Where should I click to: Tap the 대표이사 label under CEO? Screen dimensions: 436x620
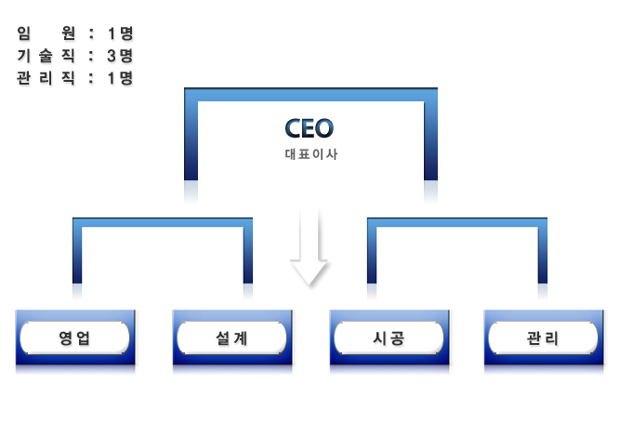pyautogui.click(x=310, y=154)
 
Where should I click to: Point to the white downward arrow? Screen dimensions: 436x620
pyautogui.click(x=310, y=247)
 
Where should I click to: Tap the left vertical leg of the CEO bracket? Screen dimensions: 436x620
pyautogui.click(x=191, y=139)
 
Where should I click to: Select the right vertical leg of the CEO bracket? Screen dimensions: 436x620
pyautogui.click(x=431, y=139)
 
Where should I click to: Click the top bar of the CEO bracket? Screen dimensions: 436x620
pyautogui.click(x=310, y=94)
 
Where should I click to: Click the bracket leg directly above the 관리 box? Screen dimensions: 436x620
pyautogui.click(x=542, y=256)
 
